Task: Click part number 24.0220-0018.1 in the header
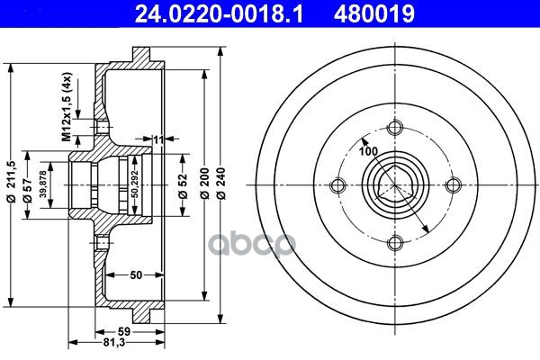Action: click(219, 13)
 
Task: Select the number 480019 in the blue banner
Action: click(374, 13)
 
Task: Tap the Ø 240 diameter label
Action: click(221, 184)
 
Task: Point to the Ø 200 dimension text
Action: click(204, 184)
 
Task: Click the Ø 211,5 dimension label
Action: click(11, 181)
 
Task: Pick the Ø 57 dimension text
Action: click(27, 190)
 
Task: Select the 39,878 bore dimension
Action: click(43, 184)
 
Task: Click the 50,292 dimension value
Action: click(135, 184)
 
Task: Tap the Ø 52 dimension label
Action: click(184, 186)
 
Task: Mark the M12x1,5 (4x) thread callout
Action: click(67, 107)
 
